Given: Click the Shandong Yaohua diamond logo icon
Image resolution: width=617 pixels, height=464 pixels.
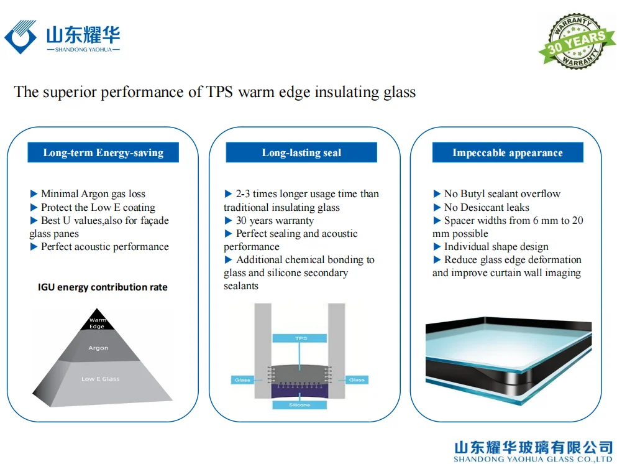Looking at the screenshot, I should [x=21, y=36].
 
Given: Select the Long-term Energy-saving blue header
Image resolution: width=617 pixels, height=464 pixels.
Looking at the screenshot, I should [x=103, y=152].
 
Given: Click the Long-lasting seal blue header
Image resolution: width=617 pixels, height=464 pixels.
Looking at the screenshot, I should [x=301, y=152].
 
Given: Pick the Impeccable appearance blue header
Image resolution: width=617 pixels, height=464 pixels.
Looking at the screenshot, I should [x=508, y=152].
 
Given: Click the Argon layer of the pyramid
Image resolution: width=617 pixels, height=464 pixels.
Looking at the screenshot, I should [x=98, y=348].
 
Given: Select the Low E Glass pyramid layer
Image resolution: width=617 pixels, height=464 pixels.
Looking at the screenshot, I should [x=100, y=379].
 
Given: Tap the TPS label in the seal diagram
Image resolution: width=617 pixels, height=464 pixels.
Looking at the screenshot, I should [x=301, y=338].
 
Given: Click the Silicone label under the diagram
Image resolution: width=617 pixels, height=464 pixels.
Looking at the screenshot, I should [x=301, y=405].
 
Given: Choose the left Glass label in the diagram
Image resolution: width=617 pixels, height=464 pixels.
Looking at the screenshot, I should [x=242, y=379].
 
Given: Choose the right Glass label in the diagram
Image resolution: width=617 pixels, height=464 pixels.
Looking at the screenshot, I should [x=357, y=379].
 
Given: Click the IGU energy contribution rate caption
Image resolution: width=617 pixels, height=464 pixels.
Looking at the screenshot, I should [x=103, y=287].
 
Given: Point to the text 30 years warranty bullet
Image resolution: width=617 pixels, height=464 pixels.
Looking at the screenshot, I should [x=275, y=221].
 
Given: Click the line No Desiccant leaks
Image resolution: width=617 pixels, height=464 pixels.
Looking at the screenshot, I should [x=487, y=208].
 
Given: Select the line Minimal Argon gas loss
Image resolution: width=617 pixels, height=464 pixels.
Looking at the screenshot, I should [x=93, y=194].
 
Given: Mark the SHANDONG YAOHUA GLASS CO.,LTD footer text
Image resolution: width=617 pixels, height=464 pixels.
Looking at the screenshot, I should [x=532, y=460].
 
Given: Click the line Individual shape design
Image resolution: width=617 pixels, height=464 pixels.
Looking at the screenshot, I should [x=496, y=247].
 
